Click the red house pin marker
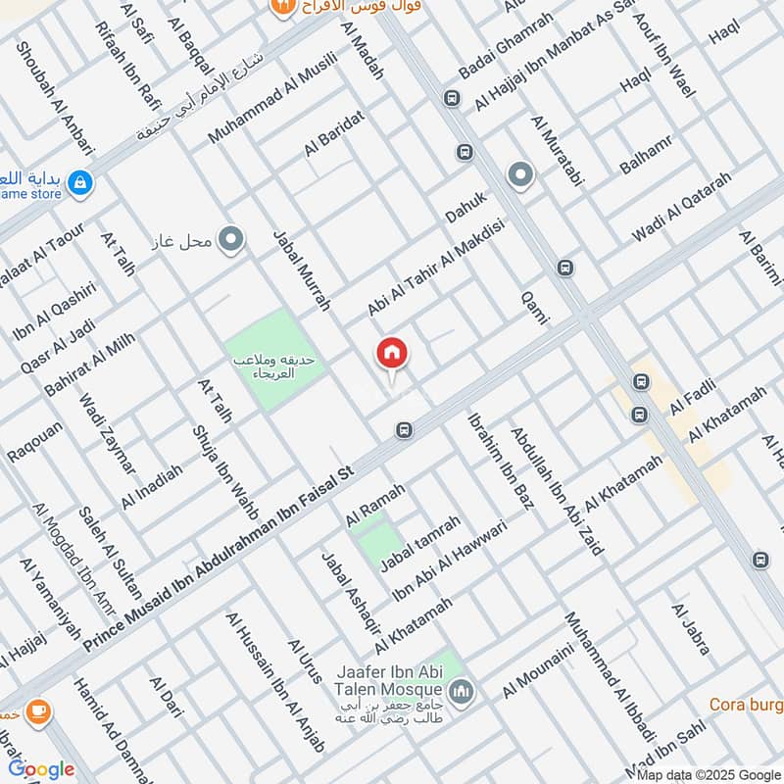tap(392, 354)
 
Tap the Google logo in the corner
tap(41, 768)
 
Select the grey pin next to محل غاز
tap(231, 239)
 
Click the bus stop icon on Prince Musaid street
tap(404, 430)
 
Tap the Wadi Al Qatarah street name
tap(683, 208)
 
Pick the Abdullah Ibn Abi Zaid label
tap(556, 490)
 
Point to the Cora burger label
tap(747, 705)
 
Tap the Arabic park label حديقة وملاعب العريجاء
tap(273, 367)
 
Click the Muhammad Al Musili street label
tap(271, 97)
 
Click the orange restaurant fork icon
tap(281, 8)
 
